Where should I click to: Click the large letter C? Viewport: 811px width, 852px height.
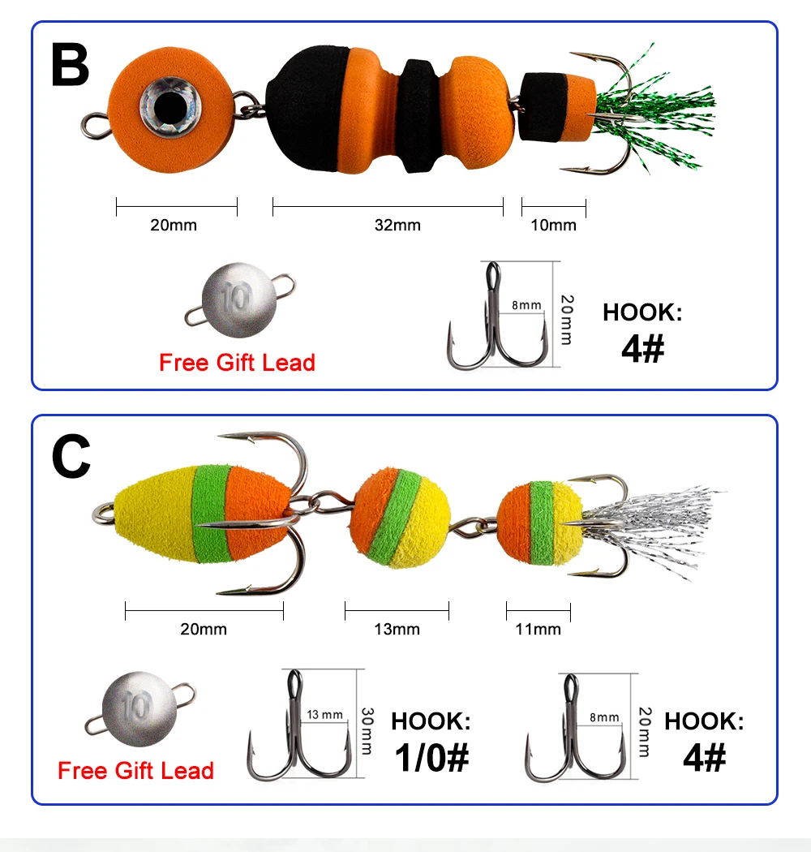71,457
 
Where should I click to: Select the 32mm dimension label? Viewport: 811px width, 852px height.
397,225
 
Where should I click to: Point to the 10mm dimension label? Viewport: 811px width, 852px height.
553,225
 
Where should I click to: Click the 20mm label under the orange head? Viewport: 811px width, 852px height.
174,225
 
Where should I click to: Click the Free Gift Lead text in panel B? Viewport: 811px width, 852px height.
237,363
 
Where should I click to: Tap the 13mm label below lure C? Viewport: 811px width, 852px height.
397,629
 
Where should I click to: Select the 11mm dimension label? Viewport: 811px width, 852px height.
538,629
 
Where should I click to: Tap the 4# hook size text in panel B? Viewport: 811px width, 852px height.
642,348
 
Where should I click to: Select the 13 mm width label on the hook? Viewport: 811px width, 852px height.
325,715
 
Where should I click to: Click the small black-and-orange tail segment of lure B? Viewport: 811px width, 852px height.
557,106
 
